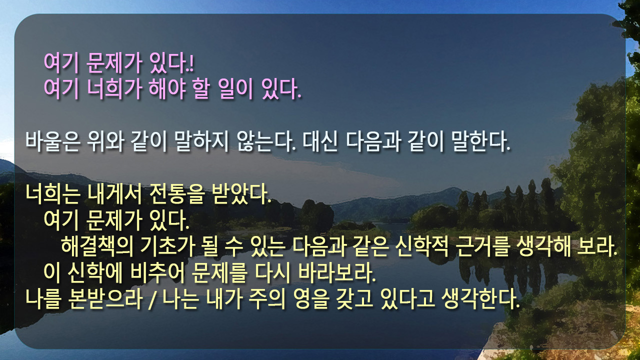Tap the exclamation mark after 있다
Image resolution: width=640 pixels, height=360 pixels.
[x=191, y=63]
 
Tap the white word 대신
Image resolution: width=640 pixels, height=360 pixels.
[x=320, y=141]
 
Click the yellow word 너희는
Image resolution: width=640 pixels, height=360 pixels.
[x=52, y=194]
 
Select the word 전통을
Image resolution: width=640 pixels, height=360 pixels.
[x=177, y=194]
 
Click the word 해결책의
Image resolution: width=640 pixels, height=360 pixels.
[x=97, y=246]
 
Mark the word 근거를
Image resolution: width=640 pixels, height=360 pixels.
[x=482, y=246]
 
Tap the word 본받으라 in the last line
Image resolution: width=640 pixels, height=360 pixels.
[x=105, y=299]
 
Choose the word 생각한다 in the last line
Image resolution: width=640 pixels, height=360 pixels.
[x=480, y=299]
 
